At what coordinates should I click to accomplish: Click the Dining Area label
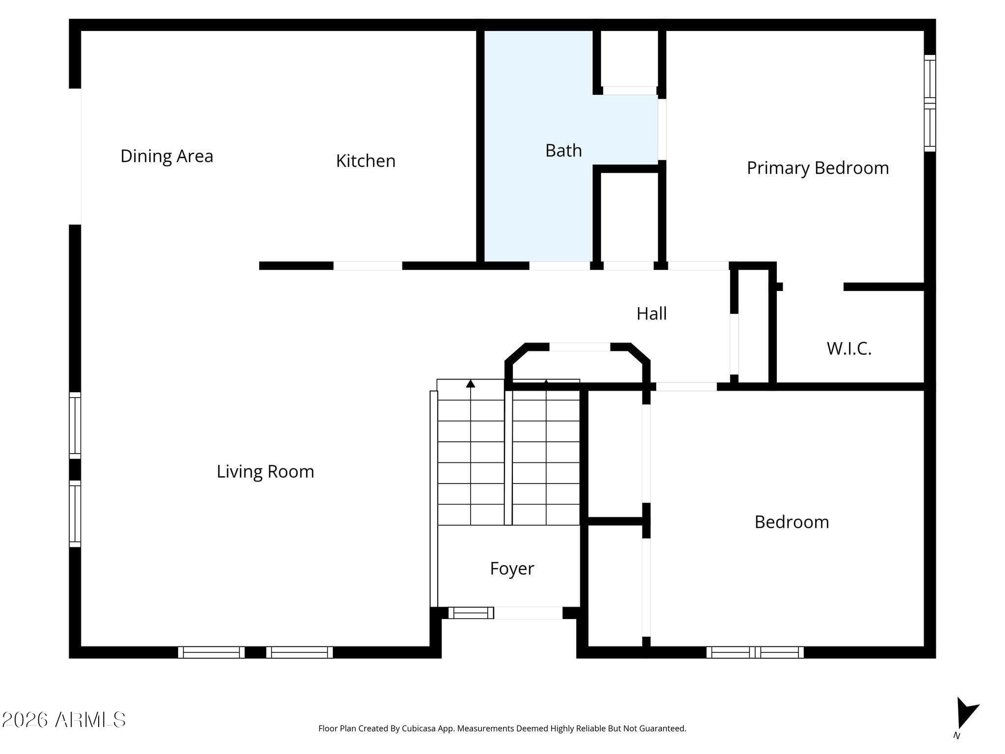coord(167,156)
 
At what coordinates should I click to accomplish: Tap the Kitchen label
coord(366,161)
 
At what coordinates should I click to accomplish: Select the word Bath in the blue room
coord(563,150)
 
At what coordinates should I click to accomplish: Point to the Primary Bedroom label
coord(818,168)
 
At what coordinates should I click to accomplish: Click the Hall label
coord(652,314)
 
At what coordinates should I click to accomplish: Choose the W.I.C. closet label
coord(849,349)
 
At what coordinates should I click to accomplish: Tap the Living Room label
coord(265,472)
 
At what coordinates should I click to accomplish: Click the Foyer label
coord(512,568)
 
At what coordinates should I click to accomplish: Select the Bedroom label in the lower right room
coord(792,522)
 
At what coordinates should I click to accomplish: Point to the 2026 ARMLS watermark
coord(64,720)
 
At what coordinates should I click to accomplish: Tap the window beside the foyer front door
coord(471,613)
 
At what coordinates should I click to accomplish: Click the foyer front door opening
coord(528,613)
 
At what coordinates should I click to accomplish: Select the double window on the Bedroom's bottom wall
coord(755,652)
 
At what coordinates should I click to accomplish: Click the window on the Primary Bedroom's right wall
coord(930,103)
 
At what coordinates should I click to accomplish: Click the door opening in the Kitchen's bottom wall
coord(368,266)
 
